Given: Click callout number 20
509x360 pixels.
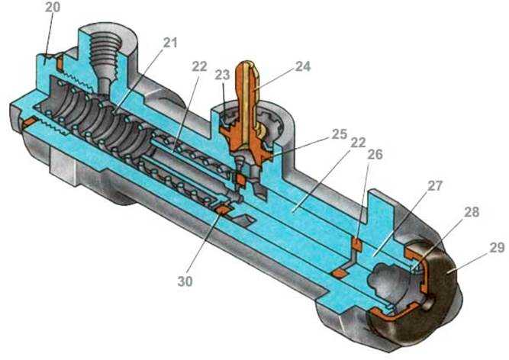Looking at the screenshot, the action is coord(53,7).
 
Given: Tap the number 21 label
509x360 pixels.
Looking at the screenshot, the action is coord(169,43).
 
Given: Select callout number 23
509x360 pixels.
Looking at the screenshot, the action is coord(222,75).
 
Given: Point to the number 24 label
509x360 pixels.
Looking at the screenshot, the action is coord(303,66).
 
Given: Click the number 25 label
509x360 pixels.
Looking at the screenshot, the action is coord(340,134).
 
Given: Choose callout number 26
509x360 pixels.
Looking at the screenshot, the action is coord(375,154).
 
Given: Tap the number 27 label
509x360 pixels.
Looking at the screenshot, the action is coord(435,186).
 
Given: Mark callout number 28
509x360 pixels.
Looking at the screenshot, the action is coord(472,212).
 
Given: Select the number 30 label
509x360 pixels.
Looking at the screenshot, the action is coord(185,281).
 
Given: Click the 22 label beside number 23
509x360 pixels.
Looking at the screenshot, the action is coord(199,66).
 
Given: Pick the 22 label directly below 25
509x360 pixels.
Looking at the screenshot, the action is coord(358,143).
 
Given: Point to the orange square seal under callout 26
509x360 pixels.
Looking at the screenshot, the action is coord(357,244).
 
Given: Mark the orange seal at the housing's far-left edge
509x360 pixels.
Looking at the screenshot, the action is coord(28,123).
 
